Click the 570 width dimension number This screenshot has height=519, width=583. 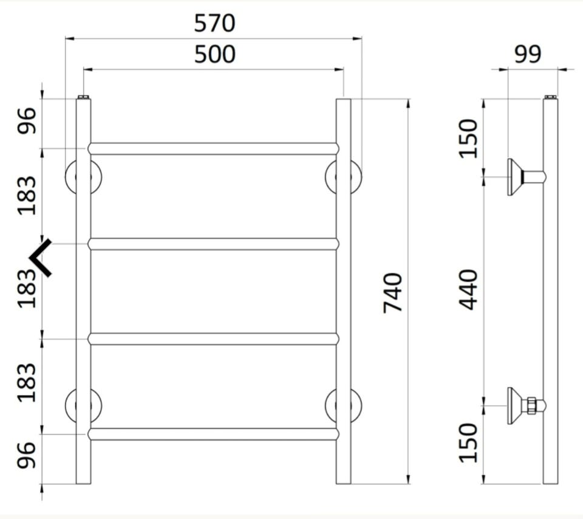tap(214, 23)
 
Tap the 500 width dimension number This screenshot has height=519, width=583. tap(214, 54)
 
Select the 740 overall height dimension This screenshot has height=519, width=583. tap(393, 293)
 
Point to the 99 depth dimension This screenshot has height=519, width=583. tap(528, 54)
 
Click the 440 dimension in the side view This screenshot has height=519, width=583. tap(468, 290)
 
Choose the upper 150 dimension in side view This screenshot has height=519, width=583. tap(468, 139)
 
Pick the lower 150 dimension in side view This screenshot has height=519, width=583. tap(468, 443)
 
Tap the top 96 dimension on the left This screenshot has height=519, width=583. tap(27, 120)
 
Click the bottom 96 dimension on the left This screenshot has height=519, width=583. tap(27, 455)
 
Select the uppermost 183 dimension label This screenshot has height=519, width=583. tap(27, 195)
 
